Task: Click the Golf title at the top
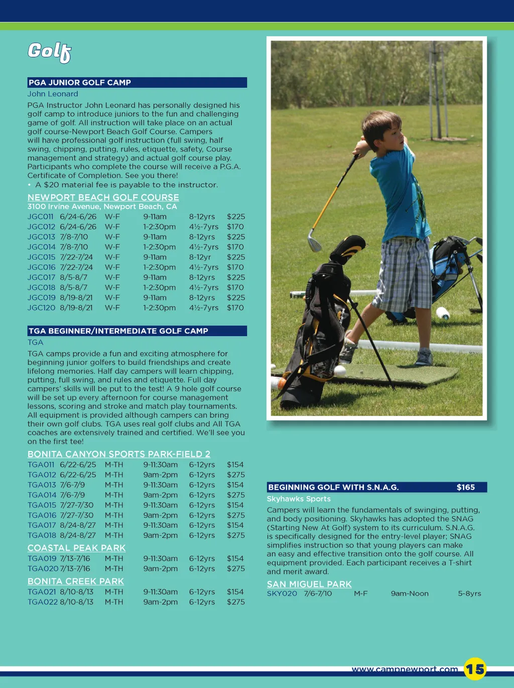[49, 52]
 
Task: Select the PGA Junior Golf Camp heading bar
[137, 82]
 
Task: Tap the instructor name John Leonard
[53, 94]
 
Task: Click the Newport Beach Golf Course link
[103, 197]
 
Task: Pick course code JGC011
[40, 217]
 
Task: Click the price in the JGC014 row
[235, 247]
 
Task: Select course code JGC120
[41, 308]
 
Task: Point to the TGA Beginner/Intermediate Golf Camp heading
[137, 331]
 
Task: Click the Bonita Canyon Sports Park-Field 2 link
[118, 454]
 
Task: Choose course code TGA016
[42, 515]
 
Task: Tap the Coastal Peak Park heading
[76, 548]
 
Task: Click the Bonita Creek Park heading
[75, 581]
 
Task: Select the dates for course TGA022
[76, 602]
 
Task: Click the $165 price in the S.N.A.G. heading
[465, 487]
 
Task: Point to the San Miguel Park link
[309, 584]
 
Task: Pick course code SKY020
[282, 594]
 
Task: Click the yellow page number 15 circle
[475, 669]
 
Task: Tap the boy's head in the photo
[379, 128]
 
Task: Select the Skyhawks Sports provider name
[299, 499]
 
